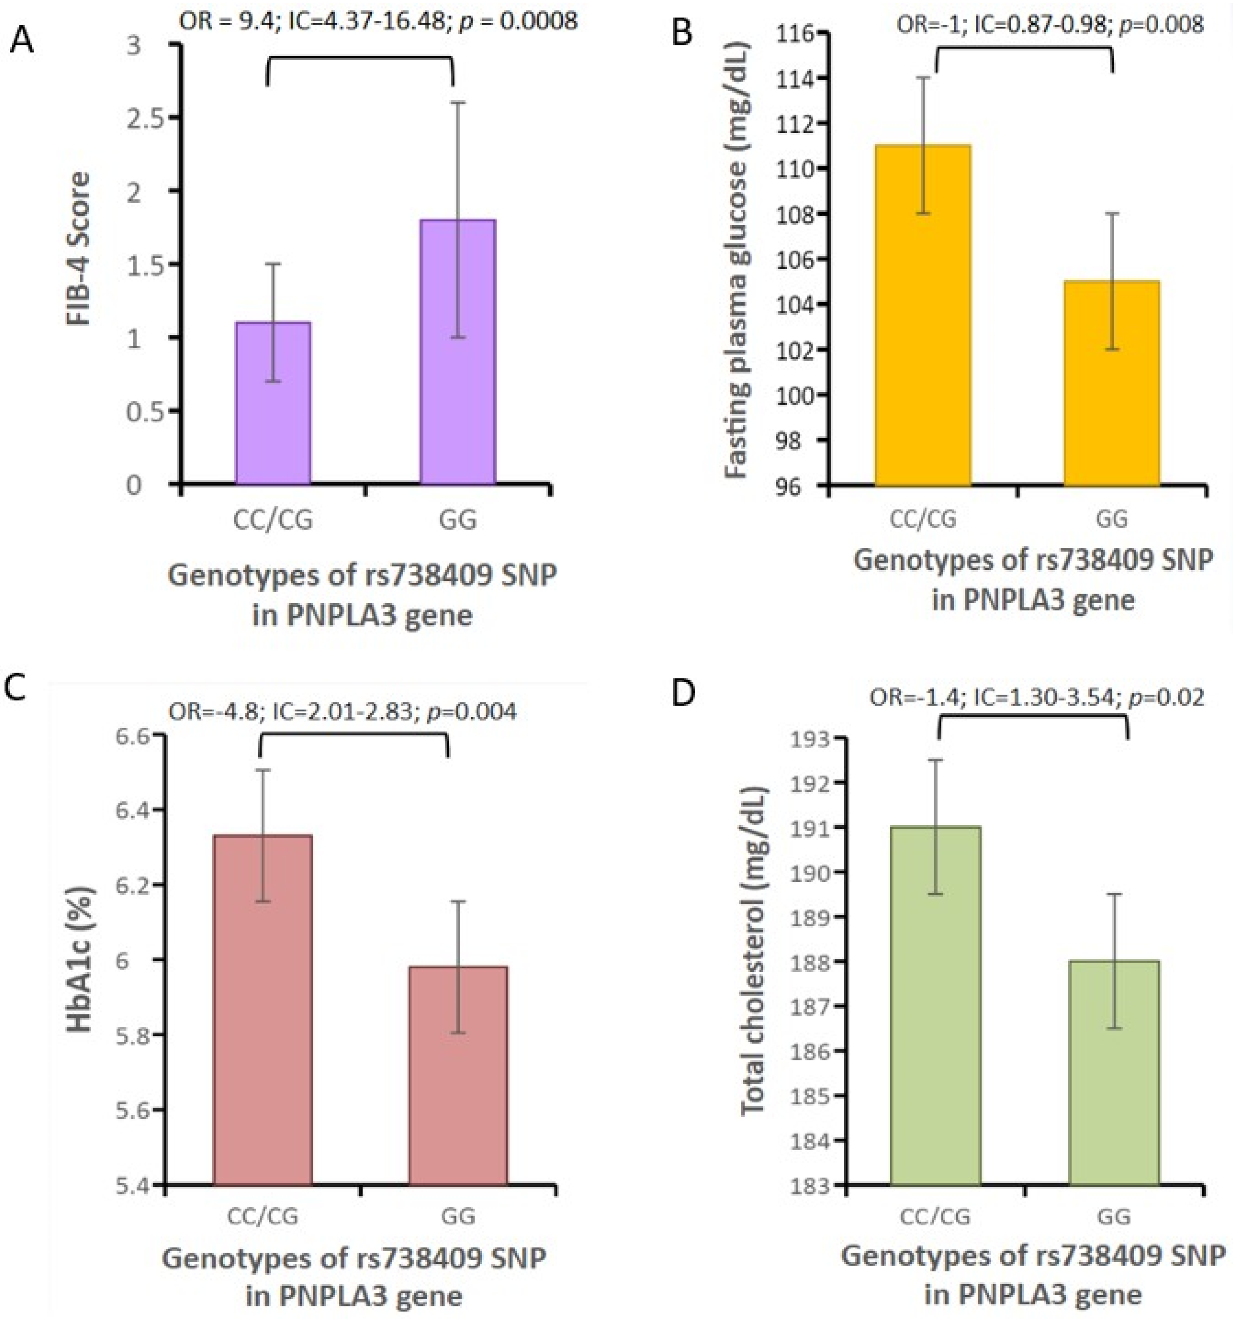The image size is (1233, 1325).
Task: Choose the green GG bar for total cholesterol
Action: click(1114, 1073)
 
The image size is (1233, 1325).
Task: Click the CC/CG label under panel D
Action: click(935, 1216)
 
